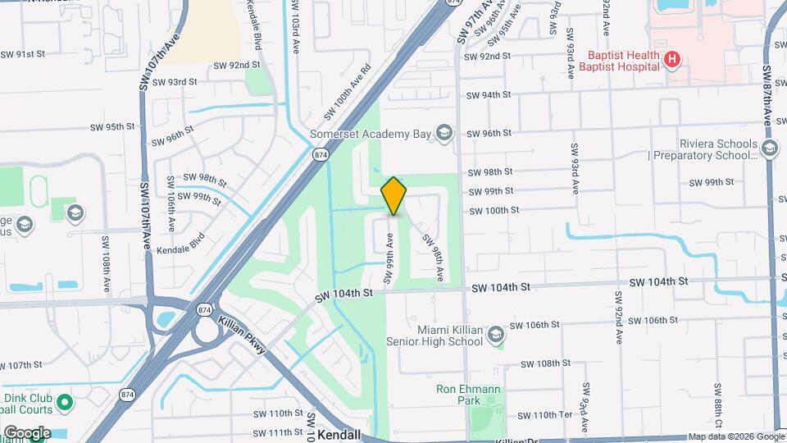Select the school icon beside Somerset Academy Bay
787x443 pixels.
click(444, 134)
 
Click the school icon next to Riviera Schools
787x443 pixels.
click(769, 148)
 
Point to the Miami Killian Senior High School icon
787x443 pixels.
click(495, 335)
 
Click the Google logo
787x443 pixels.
click(26, 432)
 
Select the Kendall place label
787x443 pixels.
click(339, 435)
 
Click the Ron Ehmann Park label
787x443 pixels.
click(468, 395)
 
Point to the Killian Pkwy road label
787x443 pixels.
click(243, 335)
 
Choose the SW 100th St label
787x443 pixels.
click(494, 210)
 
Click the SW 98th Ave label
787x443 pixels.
click(434, 253)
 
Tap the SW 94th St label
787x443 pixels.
click(489, 95)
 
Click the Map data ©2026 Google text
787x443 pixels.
click(735, 436)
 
